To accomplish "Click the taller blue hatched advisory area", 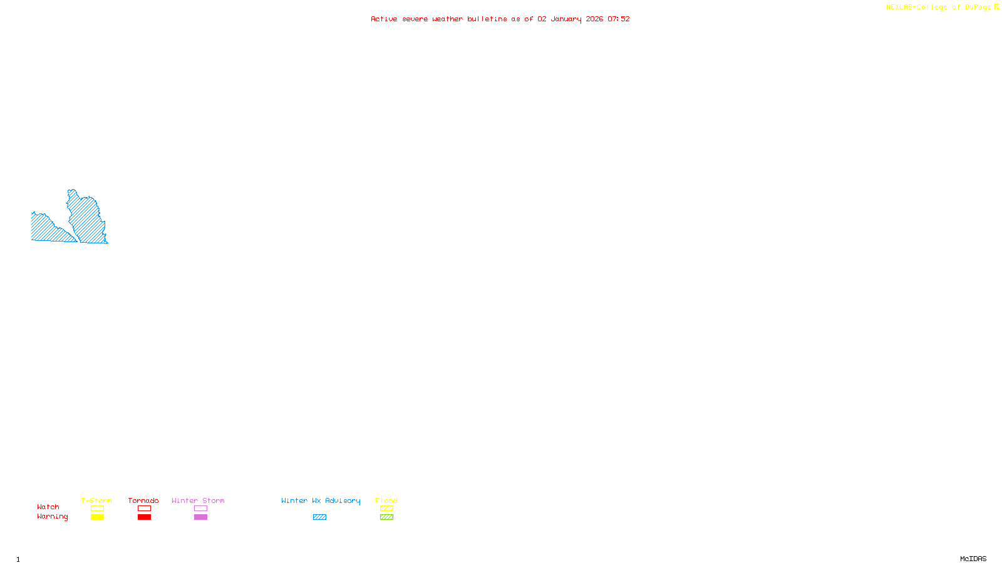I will click(x=86, y=219).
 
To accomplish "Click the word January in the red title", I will click(x=566, y=19).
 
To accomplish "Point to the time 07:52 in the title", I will click(x=619, y=19).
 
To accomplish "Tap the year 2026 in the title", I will click(x=594, y=19).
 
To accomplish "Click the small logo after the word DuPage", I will click(x=996, y=7).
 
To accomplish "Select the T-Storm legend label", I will click(x=96, y=500).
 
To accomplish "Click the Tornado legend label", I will click(x=143, y=500).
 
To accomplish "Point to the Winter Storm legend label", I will click(x=198, y=500).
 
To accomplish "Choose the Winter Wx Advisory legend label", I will click(x=321, y=500).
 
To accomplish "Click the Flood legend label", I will click(x=386, y=500).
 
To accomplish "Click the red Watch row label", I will click(x=48, y=507).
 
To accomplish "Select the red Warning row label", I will click(x=52, y=517).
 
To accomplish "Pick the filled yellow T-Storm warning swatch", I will click(x=97, y=517).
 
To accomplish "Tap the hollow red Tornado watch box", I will click(x=144, y=509).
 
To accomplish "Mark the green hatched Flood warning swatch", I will click(x=386, y=517).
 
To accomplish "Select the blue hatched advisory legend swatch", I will click(x=319, y=517).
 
